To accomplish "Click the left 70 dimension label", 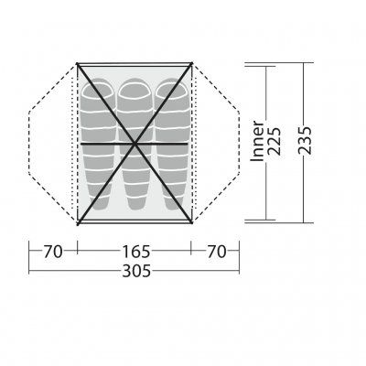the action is click(x=53, y=252).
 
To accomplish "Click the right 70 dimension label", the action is click(x=217, y=252).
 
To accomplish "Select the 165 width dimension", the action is click(x=136, y=252).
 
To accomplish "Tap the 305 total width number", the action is click(x=136, y=271).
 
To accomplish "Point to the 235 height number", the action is click(x=305, y=141).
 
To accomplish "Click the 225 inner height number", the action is click(x=273, y=141).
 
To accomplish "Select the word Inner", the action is click(x=257, y=141).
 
